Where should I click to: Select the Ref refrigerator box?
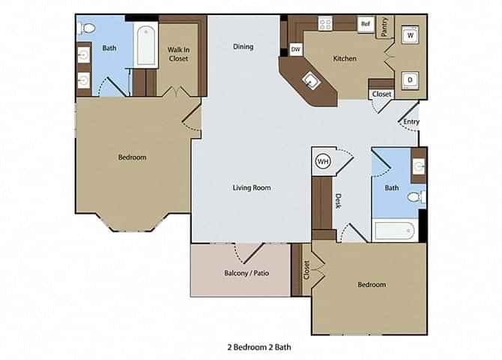[366, 24]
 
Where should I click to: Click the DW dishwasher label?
[295, 49]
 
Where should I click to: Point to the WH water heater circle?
[322, 160]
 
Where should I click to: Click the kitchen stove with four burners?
[326, 24]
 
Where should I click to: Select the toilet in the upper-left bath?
[86, 28]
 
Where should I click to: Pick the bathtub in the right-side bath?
[395, 230]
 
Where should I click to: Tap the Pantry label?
[385, 27]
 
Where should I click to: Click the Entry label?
[411, 121]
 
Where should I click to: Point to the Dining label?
[243, 46]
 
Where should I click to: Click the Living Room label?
[251, 187]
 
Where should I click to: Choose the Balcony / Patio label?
[241, 273]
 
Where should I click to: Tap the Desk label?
[338, 200]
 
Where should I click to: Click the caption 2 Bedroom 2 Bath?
[258, 347]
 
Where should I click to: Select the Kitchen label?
[345, 58]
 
